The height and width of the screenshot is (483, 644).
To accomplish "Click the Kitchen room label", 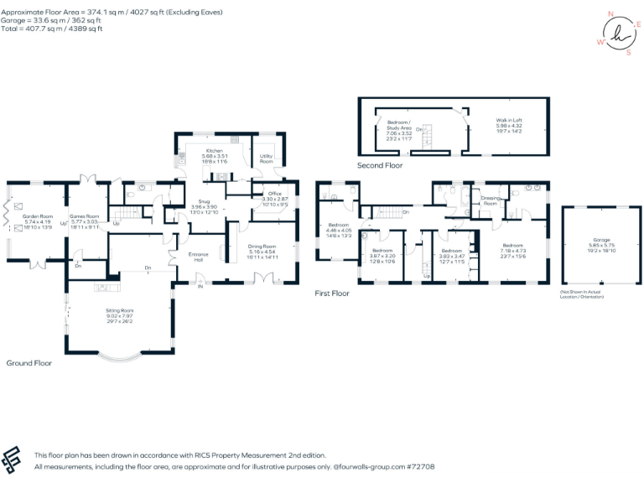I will click(x=214, y=150).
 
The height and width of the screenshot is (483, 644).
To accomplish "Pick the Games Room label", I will click(x=84, y=216).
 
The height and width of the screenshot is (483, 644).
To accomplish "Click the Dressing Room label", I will click(x=490, y=201).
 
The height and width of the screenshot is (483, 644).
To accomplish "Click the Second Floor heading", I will click(x=380, y=166).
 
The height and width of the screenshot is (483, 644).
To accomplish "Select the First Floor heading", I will click(x=331, y=293).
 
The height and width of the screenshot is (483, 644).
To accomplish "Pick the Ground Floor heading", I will click(x=29, y=363).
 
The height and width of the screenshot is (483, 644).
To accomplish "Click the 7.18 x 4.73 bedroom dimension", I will click(x=512, y=250).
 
